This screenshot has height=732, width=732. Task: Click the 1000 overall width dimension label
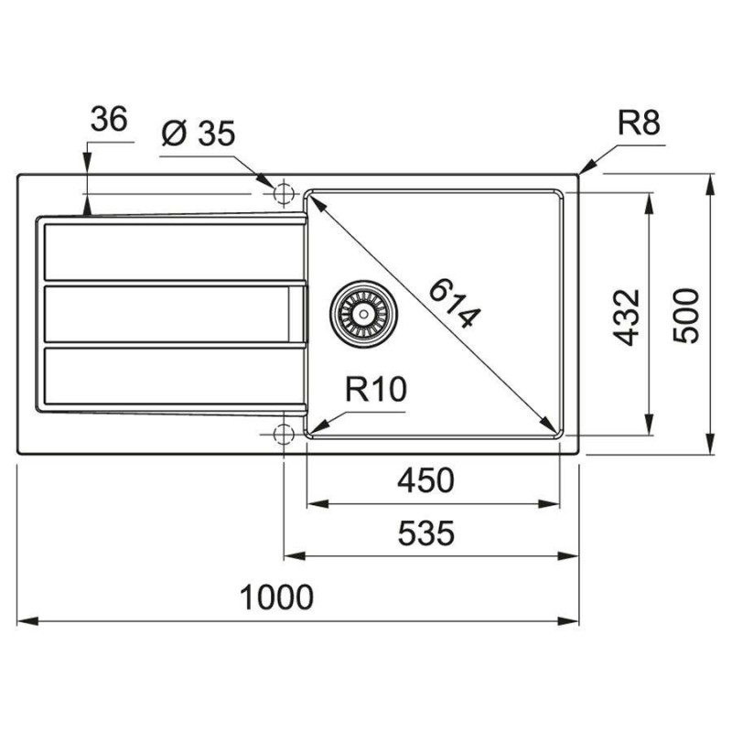click(x=276, y=597)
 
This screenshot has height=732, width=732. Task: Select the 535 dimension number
click(x=425, y=533)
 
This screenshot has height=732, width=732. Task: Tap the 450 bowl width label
click(x=425, y=481)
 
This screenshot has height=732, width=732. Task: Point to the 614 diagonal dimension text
click(x=454, y=304)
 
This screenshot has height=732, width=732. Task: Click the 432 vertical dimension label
click(x=626, y=318)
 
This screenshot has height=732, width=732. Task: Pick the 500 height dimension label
click(x=686, y=316)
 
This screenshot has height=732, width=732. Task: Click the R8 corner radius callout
click(x=639, y=123)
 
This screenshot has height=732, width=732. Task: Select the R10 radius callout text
click(x=376, y=390)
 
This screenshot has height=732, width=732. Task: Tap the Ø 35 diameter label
click(x=198, y=134)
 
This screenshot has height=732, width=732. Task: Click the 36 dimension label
click(x=109, y=119)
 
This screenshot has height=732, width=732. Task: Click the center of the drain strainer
click(x=364, y=314)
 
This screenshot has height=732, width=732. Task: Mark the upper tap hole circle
click(x=283, y=193)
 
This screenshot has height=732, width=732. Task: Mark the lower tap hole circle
click(x=283, y=434)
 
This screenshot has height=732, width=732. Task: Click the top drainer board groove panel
click(x=173, y=253)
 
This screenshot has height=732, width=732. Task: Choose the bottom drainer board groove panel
click(x=173, y=376)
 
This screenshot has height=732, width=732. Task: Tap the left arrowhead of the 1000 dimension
click(x=27, y=621)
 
